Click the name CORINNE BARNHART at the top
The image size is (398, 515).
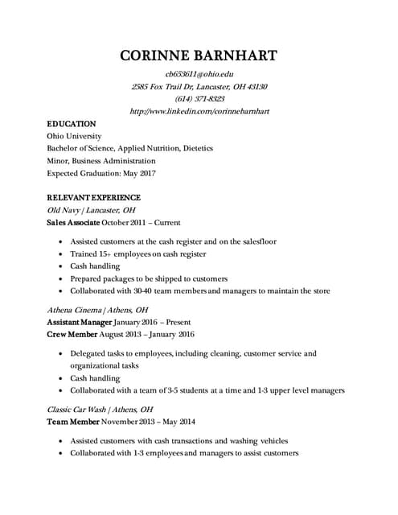click(199, 56)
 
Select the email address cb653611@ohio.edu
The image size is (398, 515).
click(199, 74)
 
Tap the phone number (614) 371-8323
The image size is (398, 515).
click(199, 98)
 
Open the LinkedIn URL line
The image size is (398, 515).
click(199, 110)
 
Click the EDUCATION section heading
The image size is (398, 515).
click(72, 124)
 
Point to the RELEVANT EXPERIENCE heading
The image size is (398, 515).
click(93, 197)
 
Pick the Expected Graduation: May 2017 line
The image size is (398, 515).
click(101, 173)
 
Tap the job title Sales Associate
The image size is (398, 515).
click(73, 222)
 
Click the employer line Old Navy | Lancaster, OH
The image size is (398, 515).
click(91, 210)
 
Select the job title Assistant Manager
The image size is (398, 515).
click(78, 321)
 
